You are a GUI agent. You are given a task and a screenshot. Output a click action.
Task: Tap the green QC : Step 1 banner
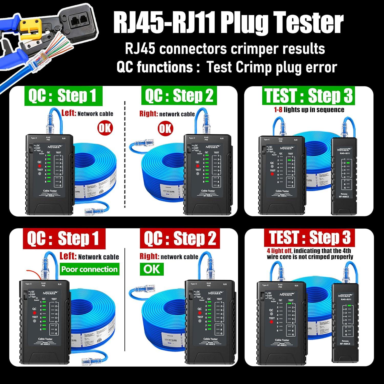63,96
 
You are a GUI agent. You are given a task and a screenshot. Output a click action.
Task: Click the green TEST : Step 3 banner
308,96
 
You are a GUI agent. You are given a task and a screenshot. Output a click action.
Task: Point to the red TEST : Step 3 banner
310,238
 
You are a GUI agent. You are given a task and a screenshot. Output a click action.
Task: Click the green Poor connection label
89,269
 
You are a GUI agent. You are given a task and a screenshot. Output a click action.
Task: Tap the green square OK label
152,269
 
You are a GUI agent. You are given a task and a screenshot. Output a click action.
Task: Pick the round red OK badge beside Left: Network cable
105,128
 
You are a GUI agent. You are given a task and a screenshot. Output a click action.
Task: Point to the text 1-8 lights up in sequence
309,110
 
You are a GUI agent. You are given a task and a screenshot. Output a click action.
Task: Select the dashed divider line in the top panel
125,154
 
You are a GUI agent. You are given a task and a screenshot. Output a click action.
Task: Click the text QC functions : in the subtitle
158,67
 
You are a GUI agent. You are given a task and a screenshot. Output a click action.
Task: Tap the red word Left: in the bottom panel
68,256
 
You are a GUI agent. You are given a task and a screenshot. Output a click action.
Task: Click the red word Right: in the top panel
148,114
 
